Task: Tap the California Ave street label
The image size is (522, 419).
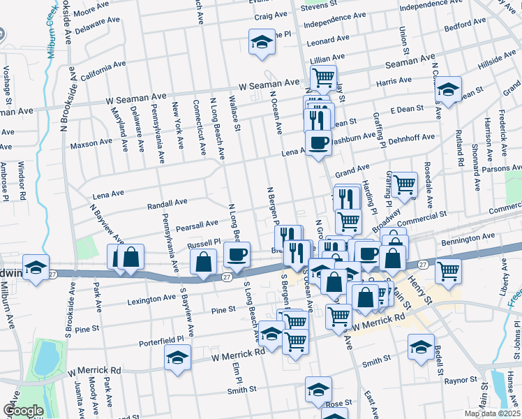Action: point(103,71)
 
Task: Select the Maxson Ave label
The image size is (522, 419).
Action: point(91,143)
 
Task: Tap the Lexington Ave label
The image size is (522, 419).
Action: point(151,300)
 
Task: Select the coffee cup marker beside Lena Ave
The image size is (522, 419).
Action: point(319,142)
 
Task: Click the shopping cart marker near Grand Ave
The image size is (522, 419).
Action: point(404,184)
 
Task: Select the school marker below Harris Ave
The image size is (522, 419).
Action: point(449,89)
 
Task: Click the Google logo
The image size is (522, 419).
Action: point(22,411)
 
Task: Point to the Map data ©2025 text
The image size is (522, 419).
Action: point(492,413)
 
